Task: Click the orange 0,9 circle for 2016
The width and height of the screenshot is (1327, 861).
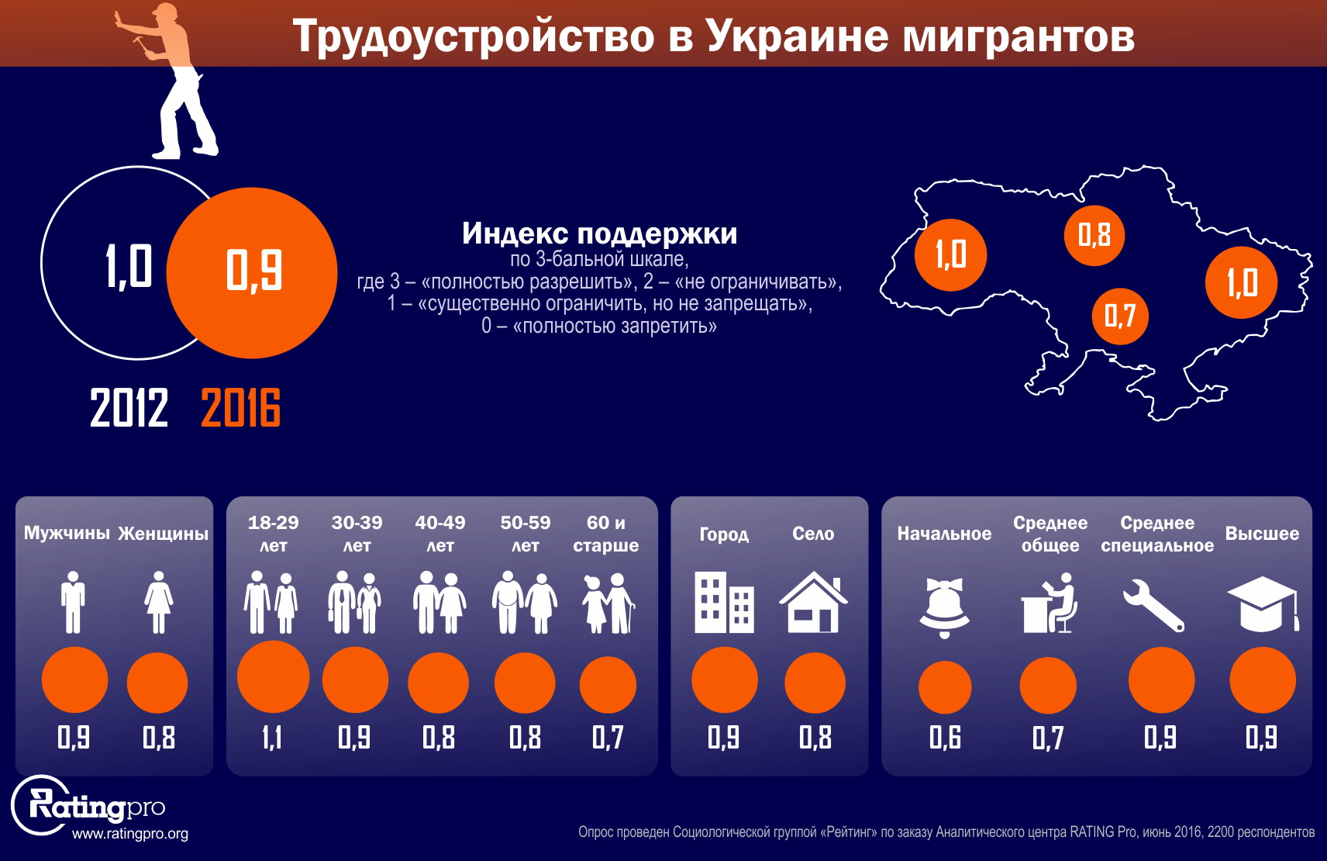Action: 252,272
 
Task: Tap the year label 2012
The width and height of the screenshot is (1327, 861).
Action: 129,408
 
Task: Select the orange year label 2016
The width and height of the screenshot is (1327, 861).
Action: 240,408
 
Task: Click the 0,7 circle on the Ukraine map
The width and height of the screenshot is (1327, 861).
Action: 1119,316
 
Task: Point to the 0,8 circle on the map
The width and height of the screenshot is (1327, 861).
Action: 1094,235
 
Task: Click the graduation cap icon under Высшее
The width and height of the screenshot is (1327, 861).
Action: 1262,603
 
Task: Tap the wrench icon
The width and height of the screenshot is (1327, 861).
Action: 1153,604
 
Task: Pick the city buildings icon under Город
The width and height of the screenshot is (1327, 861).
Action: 724,603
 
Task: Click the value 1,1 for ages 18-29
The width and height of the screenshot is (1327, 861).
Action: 272,737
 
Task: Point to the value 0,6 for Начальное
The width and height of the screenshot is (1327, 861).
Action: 945,737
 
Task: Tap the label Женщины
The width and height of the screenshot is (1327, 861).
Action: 163,534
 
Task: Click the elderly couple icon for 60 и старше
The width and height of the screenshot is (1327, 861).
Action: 608,603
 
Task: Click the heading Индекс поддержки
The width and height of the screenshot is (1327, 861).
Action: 599,233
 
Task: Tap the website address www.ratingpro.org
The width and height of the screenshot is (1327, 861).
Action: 130,834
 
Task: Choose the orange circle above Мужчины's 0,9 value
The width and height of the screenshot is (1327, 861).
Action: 74,679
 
